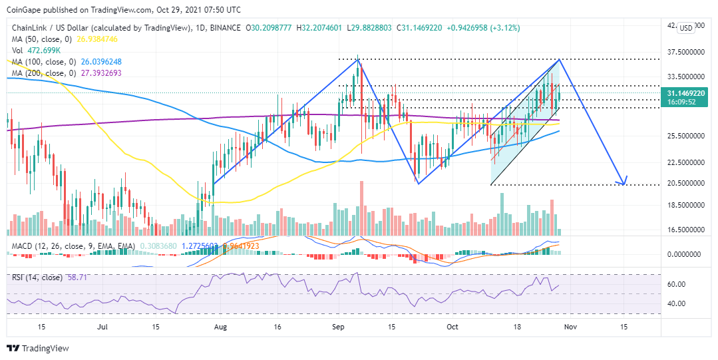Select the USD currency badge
click(685, 28)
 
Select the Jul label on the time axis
click(102, 327)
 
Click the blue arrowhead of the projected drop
click(623, 181)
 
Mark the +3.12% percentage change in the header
click(507, 28)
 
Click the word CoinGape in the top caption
click(24, 9)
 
